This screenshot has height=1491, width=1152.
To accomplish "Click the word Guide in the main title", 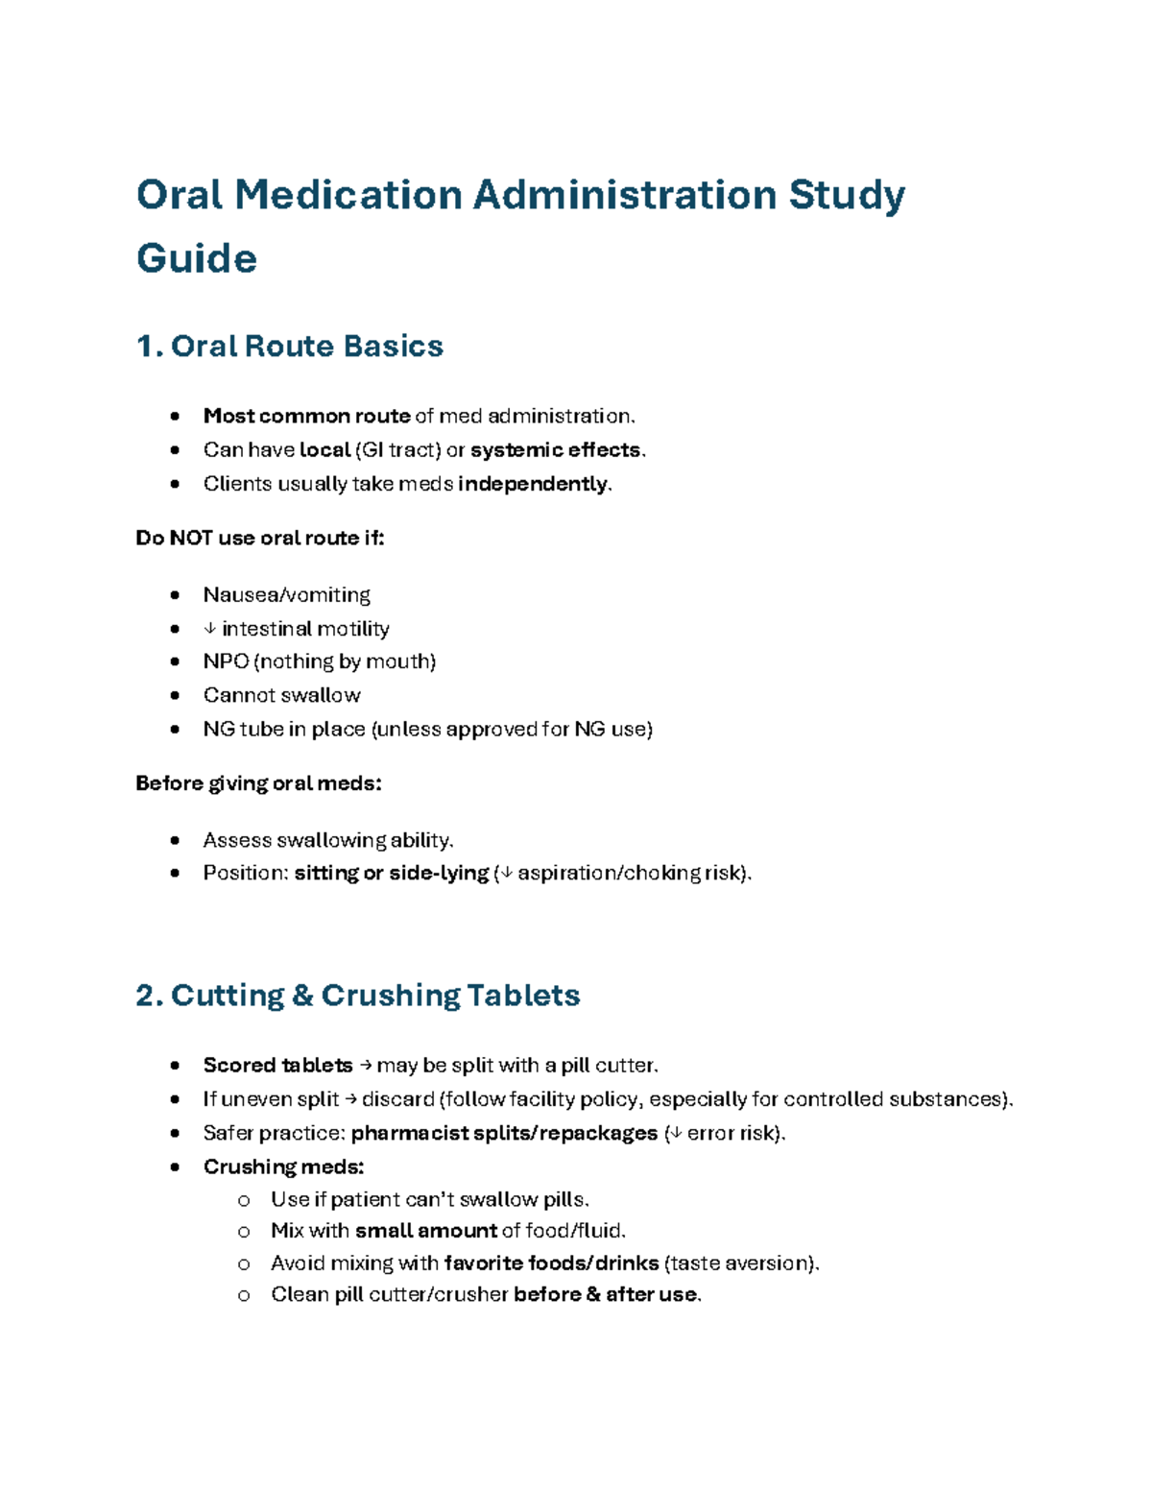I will coord(196,258).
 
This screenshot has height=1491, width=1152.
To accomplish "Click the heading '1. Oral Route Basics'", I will coord(289,346).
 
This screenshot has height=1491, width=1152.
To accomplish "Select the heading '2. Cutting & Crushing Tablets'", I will coord(357,995).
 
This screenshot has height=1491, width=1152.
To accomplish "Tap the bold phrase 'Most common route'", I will coord(306,416).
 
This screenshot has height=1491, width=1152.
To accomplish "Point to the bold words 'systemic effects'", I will coord(555,449).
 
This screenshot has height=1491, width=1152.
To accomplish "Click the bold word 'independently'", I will coord(533,483).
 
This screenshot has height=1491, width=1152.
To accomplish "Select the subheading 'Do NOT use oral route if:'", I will coord(259,538).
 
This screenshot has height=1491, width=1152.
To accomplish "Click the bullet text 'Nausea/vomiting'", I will coord(286,595).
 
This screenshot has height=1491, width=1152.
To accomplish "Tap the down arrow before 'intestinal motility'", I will coord(210,629).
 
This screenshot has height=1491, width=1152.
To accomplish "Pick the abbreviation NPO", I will coord(226,661).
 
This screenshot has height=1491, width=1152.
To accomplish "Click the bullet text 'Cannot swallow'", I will coord(281,695).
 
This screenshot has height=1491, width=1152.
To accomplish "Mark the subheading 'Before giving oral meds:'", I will coord(258,783).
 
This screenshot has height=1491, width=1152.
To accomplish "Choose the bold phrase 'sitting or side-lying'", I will coord(391,873).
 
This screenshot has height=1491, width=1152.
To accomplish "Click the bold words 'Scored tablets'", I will coord(277,1065).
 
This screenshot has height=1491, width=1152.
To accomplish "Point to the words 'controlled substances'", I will coord(897,1099).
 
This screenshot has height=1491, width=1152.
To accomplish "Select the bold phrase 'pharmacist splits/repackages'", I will coord(504,1133).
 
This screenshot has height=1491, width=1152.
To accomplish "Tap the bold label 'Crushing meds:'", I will coord(283,1166).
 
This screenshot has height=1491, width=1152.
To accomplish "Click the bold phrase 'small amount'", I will coord(425,1231).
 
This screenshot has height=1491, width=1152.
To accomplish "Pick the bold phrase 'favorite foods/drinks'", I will coord(551,1263).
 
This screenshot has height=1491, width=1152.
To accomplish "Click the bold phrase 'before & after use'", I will coord(606,1294).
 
